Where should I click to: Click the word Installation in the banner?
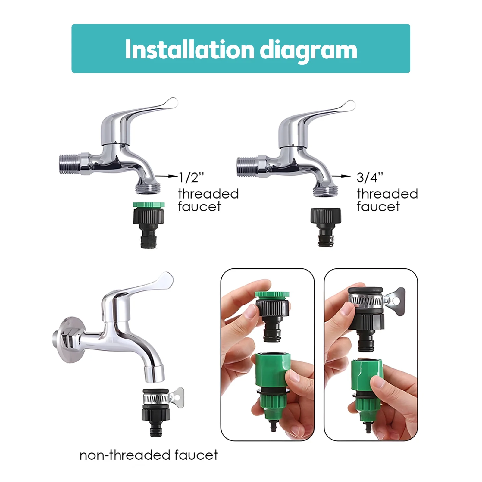[x=189, y=49]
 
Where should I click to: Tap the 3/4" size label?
[x=370, y=177]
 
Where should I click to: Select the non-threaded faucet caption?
[x=149, y=455]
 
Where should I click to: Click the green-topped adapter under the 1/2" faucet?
[x=149, y=223]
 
